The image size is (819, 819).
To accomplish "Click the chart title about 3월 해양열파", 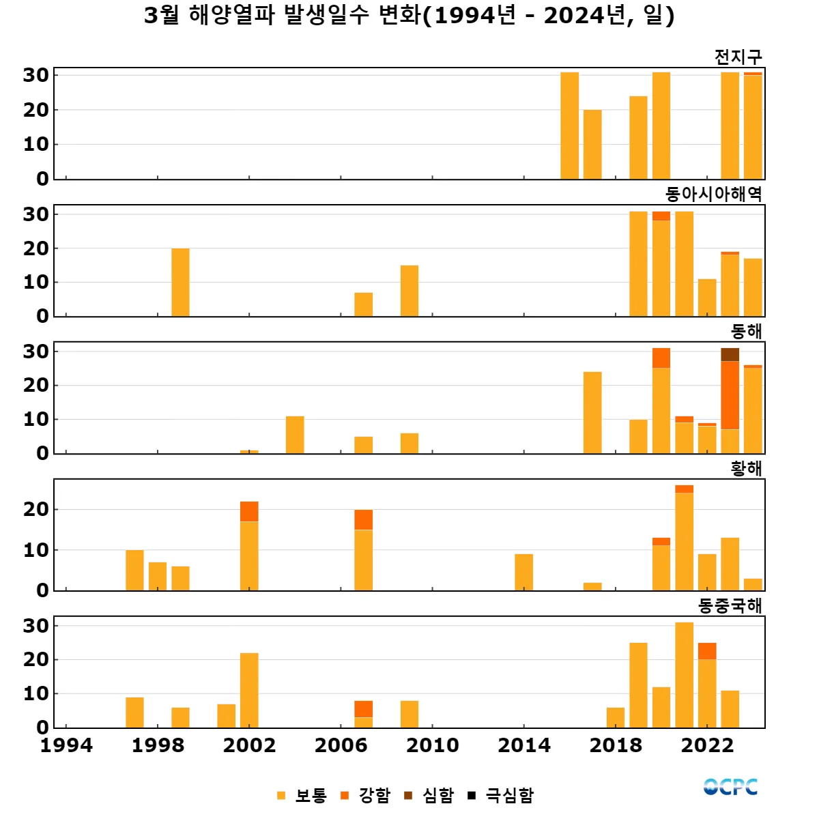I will coord(409,16).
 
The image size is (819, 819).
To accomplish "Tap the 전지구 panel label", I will coord(738,57).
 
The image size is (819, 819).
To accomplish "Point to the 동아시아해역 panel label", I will coord(713,195).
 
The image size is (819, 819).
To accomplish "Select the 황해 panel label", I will coord(746,468).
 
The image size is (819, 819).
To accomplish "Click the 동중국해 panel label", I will coord(730,605).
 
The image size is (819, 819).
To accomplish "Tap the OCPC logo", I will coord(730,787).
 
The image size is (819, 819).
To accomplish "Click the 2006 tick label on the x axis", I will coord(341,745).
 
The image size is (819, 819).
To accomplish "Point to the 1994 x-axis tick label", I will coord(66,745).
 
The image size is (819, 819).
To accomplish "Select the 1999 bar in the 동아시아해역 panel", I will coord(180,282).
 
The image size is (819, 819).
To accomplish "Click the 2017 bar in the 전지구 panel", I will coord(592,144).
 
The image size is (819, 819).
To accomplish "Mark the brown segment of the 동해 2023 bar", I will coord(730,354).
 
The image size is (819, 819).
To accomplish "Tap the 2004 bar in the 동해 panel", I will coord(295,435).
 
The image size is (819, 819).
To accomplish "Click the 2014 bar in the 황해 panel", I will coord(523,572).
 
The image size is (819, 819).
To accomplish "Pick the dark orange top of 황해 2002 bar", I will coord(249,511).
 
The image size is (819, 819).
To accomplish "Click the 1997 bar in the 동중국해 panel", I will coord(134,712).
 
